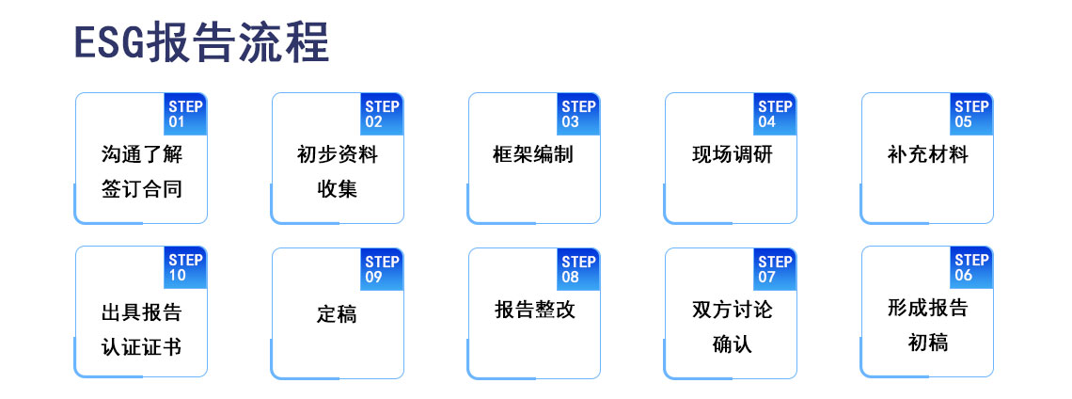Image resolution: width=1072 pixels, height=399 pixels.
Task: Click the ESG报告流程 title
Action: coord(202,42)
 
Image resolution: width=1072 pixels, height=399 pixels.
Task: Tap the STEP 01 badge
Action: coord(185,114)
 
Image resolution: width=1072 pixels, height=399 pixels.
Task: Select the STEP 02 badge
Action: coord(382,114)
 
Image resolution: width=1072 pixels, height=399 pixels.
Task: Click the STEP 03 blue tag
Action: coord(578,114)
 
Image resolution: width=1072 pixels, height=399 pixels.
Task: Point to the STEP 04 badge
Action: coord(775,114)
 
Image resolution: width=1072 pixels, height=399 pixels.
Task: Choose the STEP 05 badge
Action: coord(971,114)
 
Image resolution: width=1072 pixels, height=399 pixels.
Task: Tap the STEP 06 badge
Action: coord(971,267)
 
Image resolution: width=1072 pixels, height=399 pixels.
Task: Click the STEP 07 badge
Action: coord(775,269)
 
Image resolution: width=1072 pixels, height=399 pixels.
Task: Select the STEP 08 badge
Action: coord(578,269)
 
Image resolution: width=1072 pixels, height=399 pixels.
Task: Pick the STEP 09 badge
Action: coord(382,269)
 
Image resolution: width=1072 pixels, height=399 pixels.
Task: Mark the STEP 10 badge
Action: coord(185,267)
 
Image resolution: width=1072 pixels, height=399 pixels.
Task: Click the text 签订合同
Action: coord(141,189)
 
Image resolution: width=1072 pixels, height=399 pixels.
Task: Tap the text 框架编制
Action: coord(533,154)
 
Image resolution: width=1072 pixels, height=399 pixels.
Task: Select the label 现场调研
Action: coord(732,154)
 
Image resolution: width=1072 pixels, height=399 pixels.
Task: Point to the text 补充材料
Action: coord(927,154)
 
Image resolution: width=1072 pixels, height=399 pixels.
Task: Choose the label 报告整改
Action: coord(535,310)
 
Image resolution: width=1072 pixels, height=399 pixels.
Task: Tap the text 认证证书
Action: coord(141,346)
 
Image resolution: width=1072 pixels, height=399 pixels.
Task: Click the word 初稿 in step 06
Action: coord(927,343)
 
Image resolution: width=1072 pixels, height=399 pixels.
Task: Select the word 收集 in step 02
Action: coord(337,189)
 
